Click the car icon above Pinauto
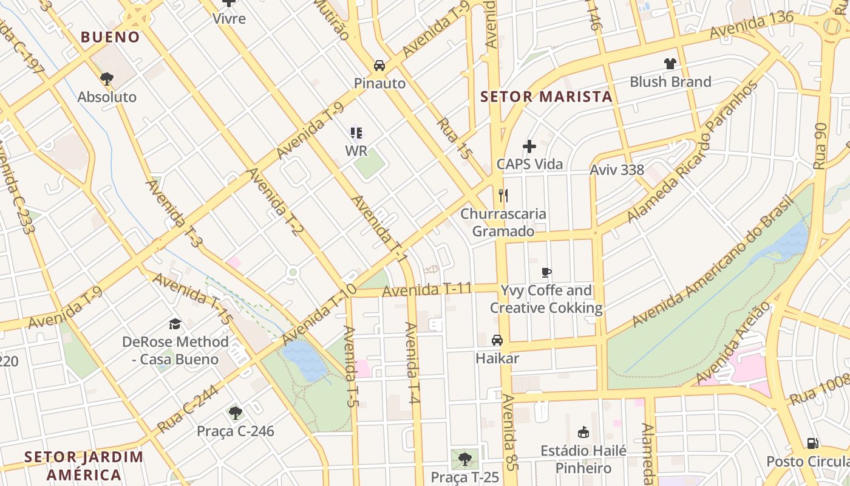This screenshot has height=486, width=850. (x=379, y=65)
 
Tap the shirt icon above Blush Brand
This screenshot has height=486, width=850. (x=670, y=63)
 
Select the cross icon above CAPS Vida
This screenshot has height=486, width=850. (x=529, y=146)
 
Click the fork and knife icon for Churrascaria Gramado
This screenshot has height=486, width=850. (x=503, y=196)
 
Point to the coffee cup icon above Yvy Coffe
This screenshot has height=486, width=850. (x=546, y=272)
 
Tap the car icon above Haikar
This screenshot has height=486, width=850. (x=497, y=340)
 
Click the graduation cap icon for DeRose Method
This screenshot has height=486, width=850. (x=175, y=324)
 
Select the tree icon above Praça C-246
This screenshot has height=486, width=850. (x=236, y=414)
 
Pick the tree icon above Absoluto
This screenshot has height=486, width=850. (x=107, y=78)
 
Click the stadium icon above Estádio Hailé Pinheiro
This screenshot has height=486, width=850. (x=583, y=433)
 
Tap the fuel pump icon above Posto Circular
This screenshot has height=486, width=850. (x=812, y=443)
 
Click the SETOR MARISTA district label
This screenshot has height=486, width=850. (x=546, y=97)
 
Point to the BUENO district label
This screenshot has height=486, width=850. (x=110, y=37)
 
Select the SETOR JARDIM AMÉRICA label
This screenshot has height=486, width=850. (x=84, y=465)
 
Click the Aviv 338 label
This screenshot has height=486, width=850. (x=617, y=169)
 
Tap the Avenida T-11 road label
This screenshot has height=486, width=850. (x=427, y=290)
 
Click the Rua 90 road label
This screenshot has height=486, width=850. (x=821, y=146)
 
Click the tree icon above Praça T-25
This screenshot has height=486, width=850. (x=465, y=459)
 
